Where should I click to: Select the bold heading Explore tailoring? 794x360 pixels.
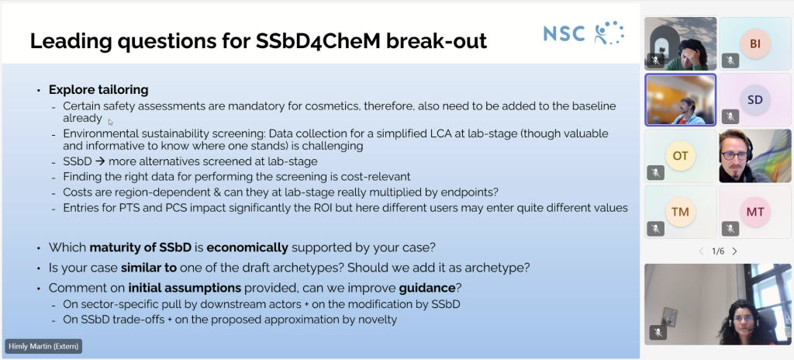[98, 89]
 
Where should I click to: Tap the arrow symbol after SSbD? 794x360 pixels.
[100, 161]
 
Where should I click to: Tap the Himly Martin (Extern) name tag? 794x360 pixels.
[43, 345]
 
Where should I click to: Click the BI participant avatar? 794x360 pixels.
[754, 44]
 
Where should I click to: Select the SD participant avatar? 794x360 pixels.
[754, 99]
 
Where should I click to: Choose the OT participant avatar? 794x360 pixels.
[680, 155]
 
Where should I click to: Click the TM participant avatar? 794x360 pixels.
[680, 211]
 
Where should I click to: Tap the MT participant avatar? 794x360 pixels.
[754, 211]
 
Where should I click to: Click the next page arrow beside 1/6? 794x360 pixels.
[734, 251]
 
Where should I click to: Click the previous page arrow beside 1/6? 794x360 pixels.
[702, 251]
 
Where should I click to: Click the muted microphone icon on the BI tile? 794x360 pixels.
[730, 60]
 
